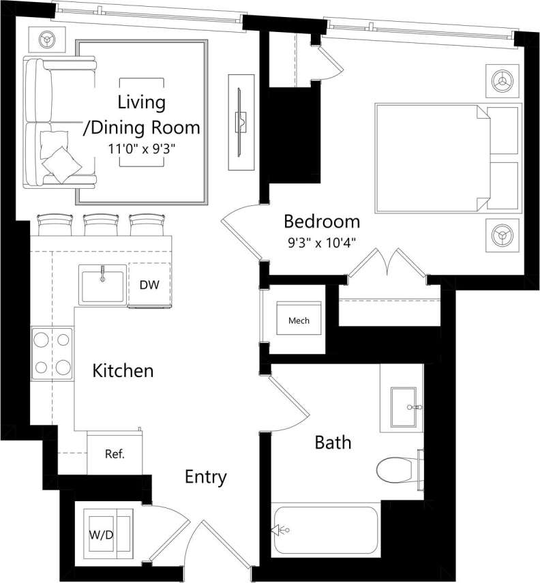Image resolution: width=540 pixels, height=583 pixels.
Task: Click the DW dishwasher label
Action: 149,285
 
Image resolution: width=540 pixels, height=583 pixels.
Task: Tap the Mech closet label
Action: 299,320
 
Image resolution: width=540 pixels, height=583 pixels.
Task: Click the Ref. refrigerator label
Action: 114,453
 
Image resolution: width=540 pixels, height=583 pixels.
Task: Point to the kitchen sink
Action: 103,285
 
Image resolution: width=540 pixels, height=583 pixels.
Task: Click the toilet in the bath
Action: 397,469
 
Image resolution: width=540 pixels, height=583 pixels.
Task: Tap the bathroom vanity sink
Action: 406,407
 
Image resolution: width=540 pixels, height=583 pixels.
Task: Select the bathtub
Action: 325,530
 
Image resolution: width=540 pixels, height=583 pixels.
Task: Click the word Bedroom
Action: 322,222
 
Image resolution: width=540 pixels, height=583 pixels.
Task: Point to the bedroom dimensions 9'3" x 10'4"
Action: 321,241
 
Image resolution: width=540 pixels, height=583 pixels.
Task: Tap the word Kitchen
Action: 123,372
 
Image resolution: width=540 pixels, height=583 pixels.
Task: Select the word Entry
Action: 205,477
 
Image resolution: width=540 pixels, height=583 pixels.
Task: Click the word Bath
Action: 333,443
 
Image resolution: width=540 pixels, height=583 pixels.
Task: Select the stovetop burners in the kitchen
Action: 52,353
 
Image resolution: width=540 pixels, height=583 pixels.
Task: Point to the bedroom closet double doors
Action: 387,265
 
